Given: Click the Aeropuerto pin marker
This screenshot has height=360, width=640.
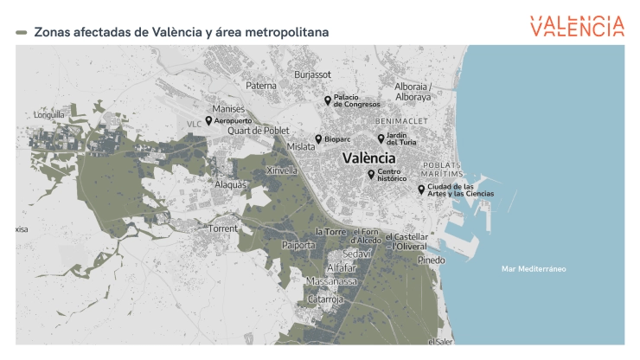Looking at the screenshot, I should [x=208, y=121].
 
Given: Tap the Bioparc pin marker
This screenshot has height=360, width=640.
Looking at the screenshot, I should [x=318, y=138].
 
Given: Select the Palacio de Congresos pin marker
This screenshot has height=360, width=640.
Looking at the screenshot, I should [x=328, y=100].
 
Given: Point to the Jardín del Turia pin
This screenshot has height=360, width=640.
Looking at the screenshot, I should [x=381, y=138].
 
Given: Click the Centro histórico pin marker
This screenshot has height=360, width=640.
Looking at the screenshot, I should [x=371, y=174].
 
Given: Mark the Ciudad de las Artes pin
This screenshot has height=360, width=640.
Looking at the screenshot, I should [x=421, y=189].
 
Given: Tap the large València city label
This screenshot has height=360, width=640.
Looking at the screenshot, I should [x=369, y=158].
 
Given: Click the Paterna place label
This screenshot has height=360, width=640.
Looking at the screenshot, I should [x=261, y=86].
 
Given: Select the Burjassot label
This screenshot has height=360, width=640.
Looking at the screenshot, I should [x=313, y=75].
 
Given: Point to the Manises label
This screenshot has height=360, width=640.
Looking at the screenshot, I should [x=229, y=109].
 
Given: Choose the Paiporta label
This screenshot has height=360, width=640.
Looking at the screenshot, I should [x=299, y=245].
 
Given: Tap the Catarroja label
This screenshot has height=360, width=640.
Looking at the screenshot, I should [x=326, y=299].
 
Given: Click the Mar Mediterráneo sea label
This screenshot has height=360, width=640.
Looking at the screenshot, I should [x=534, y=269].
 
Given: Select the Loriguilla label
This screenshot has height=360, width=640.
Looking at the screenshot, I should [x=48, y=114].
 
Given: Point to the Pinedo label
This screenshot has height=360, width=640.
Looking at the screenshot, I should [x=431, y=260].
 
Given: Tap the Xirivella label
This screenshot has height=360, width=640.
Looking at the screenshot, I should [x=281, y=170].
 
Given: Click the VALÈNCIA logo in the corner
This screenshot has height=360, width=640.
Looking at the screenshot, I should [x=577, y=26].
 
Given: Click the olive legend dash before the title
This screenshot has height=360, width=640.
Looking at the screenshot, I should [x=22, y=32].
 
